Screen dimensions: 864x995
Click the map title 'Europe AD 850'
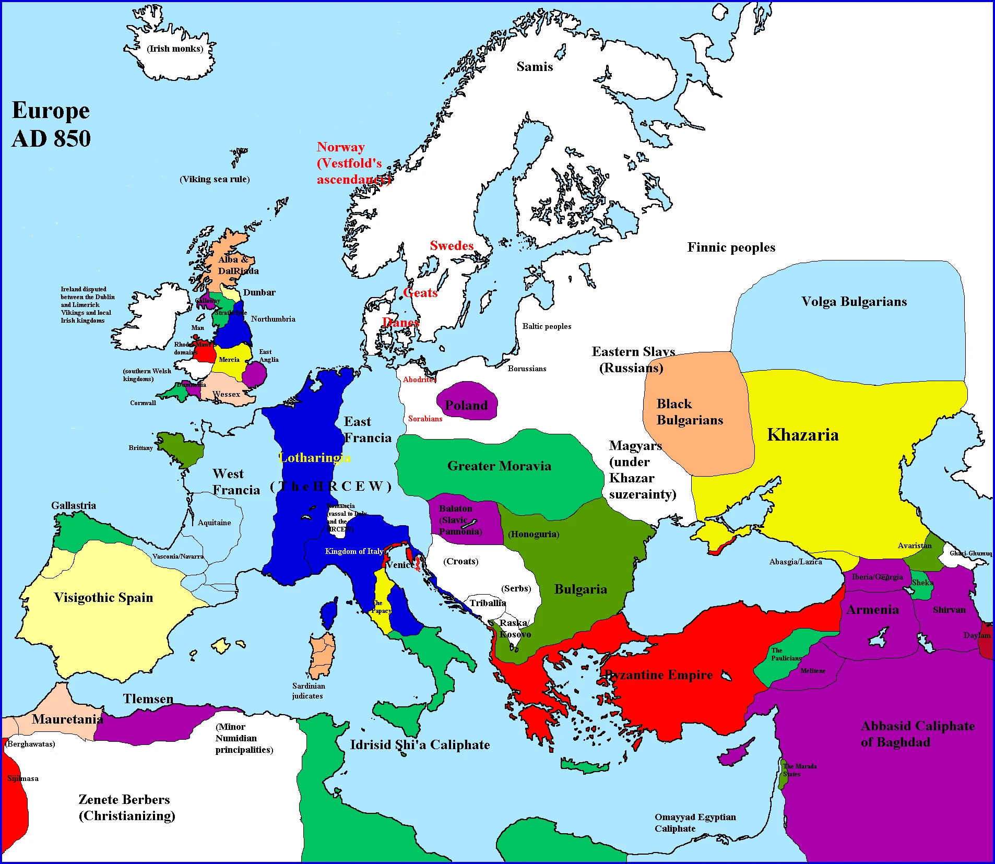point(51,124)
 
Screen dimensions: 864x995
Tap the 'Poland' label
point(466,406)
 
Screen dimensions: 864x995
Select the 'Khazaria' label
point(803,435)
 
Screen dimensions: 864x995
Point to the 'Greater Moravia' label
point(499,466)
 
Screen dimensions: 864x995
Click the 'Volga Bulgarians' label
point(854,302)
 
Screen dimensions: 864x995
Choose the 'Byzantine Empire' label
point(659,675)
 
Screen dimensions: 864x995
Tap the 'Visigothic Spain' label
point(103,598)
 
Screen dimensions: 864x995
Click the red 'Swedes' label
point(452,246)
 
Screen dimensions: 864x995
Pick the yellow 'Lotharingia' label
point(315,458)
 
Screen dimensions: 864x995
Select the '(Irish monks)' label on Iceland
point(175,49)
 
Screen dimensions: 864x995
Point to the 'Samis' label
point(535,67)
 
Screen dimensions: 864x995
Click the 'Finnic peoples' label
point(731,247)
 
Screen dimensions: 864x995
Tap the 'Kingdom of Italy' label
point(354,551)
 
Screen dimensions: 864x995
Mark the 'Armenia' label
point(872,610)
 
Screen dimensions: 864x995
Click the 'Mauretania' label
point(67,719)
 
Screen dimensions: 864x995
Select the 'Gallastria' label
point(74,505)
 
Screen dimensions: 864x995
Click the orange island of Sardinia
point(322,655)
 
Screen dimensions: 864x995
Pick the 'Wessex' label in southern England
point(226,394)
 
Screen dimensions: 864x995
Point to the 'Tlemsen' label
point(148,699)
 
